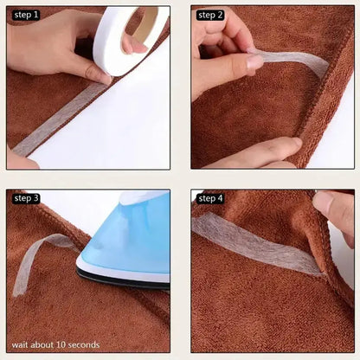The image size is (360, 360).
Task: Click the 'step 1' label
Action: click(x=25, y=15)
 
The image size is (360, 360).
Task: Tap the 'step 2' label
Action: click(x=210, y=15)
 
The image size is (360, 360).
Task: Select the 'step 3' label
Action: click(x=26, y=198)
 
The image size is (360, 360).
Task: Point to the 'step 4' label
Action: click(x=210, y=198)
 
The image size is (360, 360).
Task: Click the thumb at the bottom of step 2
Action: click(x=260, y=153)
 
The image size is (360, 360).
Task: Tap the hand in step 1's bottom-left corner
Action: click(x=19, y=159)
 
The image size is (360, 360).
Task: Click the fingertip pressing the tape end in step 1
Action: click(x=100, y=76)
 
